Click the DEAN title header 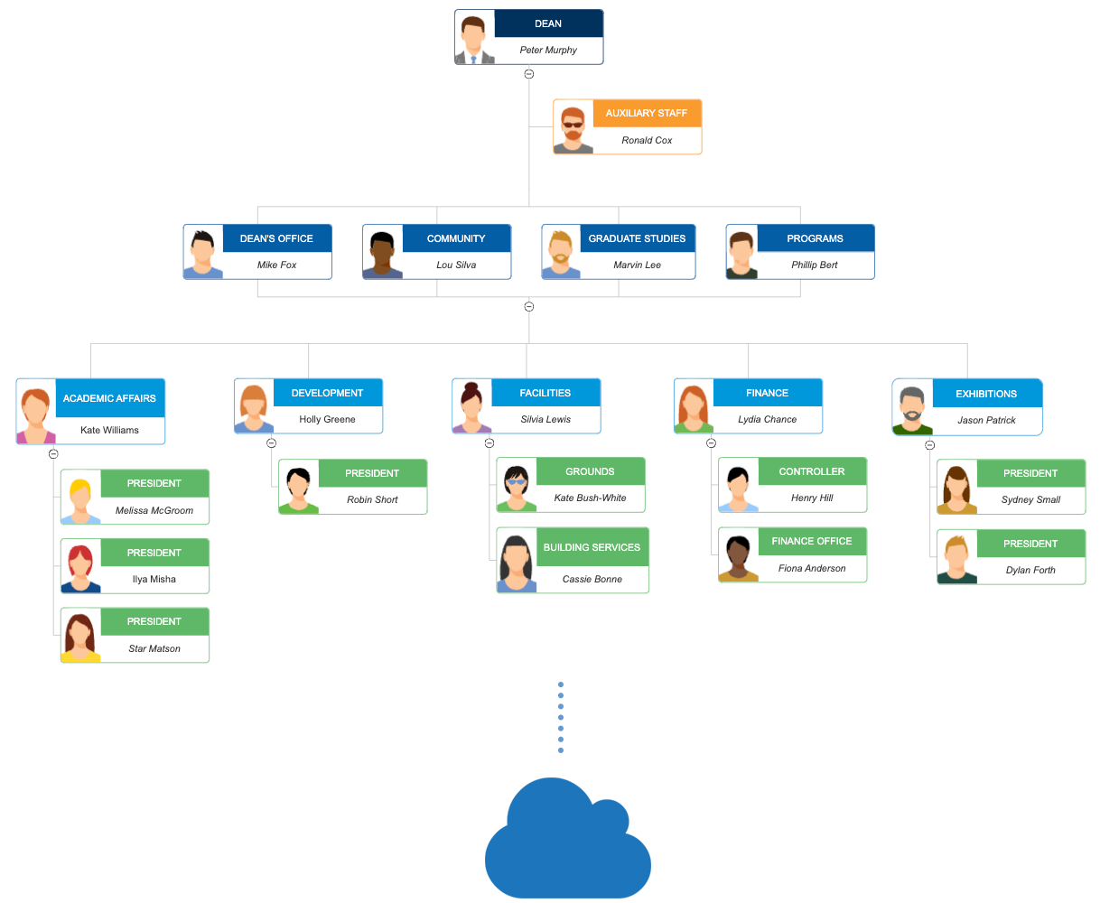pos(548,23)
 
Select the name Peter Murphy pos(548,51)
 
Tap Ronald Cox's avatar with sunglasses pos(573,128)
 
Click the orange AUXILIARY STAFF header pos(647,113)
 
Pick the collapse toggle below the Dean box pos(529,74)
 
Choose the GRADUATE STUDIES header pos(637,238)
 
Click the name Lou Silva pos(456,265)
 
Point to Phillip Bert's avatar pos(742,253)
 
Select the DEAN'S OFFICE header pos(276,238)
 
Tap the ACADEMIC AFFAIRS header pos(109,398)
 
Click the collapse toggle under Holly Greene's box pos(271,443)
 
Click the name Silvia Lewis pos(545,420)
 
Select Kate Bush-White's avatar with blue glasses pos(517,486)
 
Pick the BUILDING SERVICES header pos(592,547)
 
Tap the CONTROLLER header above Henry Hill pos(812,471)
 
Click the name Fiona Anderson pos(812,569)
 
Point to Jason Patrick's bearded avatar pos(913,408)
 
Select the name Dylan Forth pos(1030,571)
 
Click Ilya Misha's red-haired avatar pos(81,566)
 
